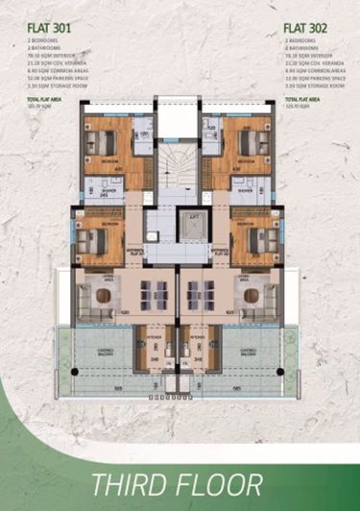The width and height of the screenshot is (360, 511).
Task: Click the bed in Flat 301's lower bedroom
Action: tap(89, 238)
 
